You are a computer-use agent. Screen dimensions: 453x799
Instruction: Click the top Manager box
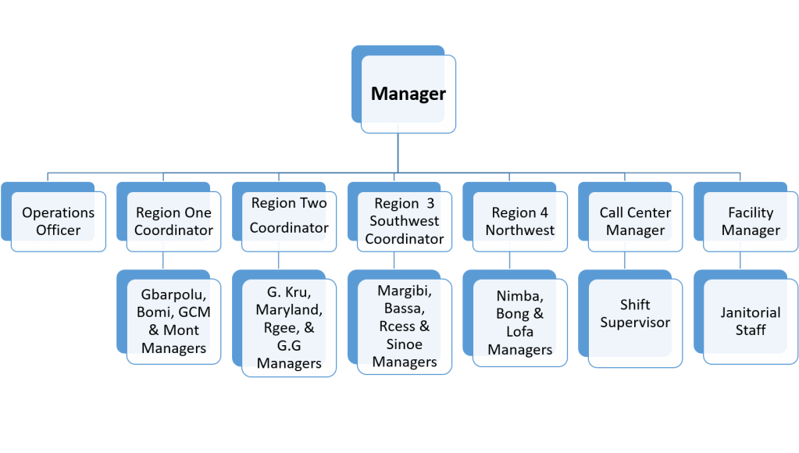408,95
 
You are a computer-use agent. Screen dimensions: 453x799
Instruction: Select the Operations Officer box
59,221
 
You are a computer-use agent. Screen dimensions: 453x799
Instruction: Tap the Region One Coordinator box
173,221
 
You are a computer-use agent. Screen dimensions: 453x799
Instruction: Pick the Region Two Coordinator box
289,216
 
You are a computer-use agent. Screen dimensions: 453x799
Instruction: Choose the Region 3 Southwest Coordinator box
404,221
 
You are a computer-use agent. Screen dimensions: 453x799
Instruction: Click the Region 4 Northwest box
519,221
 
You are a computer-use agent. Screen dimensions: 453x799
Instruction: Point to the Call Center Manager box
635,221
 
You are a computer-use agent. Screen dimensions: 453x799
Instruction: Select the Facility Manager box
751,221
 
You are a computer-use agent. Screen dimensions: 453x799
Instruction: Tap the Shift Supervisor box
635,313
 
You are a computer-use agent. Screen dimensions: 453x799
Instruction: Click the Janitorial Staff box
751,321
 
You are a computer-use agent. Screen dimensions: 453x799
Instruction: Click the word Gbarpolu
173,294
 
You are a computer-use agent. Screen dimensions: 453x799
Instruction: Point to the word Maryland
289,311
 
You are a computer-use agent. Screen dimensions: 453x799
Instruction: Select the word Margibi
404,291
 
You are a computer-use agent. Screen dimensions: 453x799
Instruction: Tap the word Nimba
519,297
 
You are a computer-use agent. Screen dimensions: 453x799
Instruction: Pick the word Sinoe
404,344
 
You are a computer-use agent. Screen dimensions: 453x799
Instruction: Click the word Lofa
519,332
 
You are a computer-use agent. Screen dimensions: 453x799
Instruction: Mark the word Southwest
404,222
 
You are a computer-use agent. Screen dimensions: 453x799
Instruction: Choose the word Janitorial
751,312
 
